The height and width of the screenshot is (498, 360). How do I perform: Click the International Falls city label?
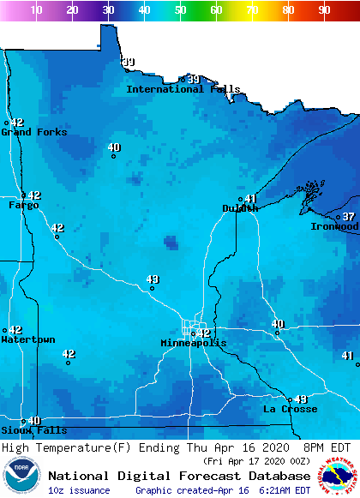[x=183, y=89]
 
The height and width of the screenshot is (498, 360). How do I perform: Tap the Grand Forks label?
[x=34, y=132]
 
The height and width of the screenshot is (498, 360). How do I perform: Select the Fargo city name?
[x=23, y=206]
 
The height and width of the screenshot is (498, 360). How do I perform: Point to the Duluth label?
[x=240, y=208]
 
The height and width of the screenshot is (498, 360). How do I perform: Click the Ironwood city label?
[x=335, y=227]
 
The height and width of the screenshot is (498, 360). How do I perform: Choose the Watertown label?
[x=27, y=340]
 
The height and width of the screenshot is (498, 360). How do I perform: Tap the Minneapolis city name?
[x=194, y=344]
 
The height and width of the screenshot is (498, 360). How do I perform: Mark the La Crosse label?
[x=291, y=409]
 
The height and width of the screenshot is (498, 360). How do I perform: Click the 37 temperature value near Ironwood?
[x=349, y=217]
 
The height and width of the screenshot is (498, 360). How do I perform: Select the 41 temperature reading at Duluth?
[x=251, y=199]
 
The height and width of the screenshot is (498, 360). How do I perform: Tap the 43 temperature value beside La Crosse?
[x=301, y=399]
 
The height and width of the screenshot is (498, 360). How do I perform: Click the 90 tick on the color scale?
[x=324, y=10]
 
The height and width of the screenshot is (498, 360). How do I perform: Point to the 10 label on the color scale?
[x=37, y=10]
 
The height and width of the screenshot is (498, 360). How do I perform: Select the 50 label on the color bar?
[x=180, y=10]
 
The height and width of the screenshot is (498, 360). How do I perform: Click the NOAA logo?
[x=21, y=476]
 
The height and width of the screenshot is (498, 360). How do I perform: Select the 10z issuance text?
[x=79, y=490]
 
